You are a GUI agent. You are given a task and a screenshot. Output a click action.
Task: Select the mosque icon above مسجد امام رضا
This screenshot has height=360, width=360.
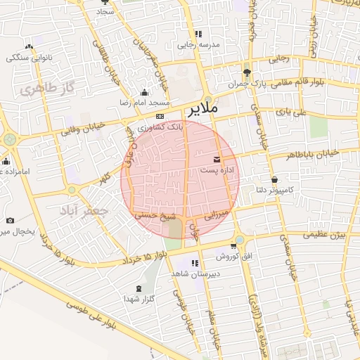click(145, 92)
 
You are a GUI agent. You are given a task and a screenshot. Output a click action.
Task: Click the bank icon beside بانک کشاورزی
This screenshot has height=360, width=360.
click(160, 116)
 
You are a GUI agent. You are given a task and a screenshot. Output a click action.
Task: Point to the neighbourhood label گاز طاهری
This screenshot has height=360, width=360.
click(48, 89)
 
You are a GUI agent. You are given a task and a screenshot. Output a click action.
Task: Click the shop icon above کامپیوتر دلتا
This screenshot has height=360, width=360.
click(274, 179)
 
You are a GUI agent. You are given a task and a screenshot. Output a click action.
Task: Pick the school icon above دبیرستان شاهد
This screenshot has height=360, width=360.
click(195, 263)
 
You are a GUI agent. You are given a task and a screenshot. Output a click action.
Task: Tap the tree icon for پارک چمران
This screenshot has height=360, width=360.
click(246, 72)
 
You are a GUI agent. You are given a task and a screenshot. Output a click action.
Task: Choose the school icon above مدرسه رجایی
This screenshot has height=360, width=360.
click(198, 33)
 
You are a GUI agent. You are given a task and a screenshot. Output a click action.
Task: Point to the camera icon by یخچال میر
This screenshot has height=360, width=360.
click(10, 220)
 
